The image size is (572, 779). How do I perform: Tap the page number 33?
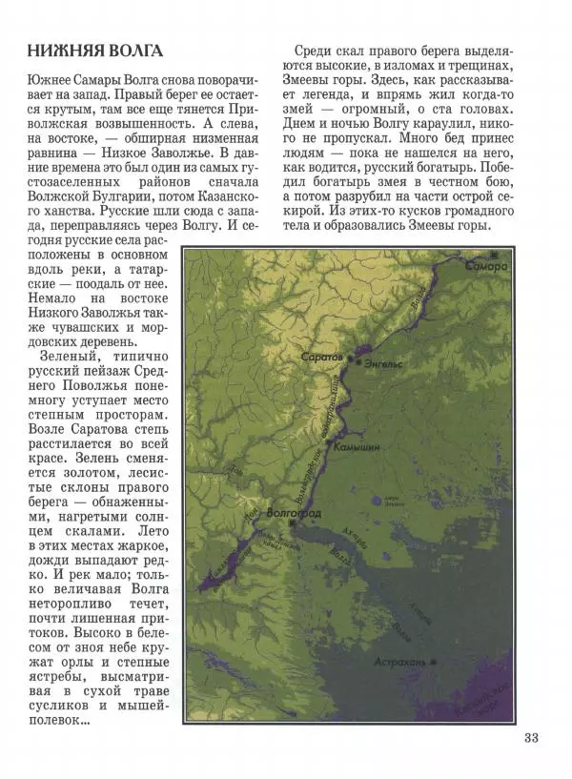tap(531, 737)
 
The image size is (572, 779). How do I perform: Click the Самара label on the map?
tap(487, 267)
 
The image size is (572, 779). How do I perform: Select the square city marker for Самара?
tap(495, 255)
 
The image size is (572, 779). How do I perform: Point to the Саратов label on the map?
tap(320, 356)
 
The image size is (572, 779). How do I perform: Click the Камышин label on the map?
tap(360, 446)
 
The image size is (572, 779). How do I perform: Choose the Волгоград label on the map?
tap(296, 514)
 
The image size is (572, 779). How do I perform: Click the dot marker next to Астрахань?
tap(434, 661)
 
